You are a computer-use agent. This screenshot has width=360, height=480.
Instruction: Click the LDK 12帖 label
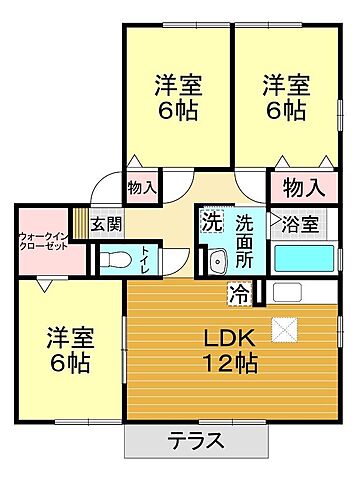pyautogui.click(x=233, y=350)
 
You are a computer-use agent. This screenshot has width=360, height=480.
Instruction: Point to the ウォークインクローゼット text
pyautogui.click(x=42, y=241)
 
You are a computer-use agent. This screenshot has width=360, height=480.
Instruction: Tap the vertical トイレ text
pyautogui.click(x=146, y=257)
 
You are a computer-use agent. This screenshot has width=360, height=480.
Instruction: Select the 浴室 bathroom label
pyautogui.click(x=300, y=224)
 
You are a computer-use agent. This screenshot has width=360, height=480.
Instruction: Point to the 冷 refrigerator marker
pyautogui.click(x=240, y=293)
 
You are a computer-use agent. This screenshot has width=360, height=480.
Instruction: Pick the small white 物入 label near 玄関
pyautogui.click(x=141, y=187)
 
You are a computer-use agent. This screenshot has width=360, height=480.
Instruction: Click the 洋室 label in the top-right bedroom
pyautogui.click(x=285, y=83)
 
